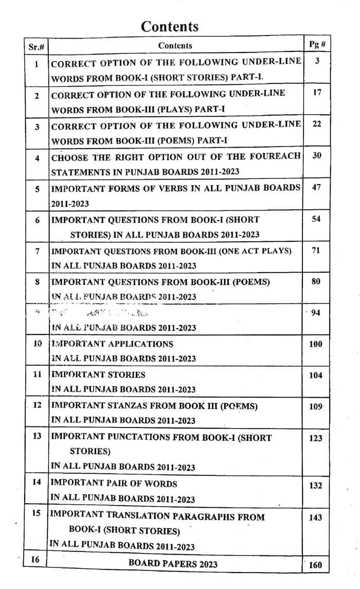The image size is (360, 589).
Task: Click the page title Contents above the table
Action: (169, 26)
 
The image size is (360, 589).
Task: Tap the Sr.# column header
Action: (36, 46)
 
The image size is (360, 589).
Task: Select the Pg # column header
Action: (317, 44)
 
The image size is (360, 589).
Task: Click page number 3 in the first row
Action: (317, 61)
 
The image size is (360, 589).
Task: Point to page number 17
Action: (317, 93)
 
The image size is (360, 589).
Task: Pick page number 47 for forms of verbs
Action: (316, 187)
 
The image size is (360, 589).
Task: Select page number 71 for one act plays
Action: (316, 251)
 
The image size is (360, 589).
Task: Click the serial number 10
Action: (38, 343)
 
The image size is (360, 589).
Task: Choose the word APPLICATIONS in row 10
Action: (140, 344)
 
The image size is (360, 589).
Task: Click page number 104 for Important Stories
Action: (316, 376)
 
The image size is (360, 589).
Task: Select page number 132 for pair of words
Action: (316, 486)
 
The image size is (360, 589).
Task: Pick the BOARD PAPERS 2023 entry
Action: (173, 563)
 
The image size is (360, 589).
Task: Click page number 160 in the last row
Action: (315, 565)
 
